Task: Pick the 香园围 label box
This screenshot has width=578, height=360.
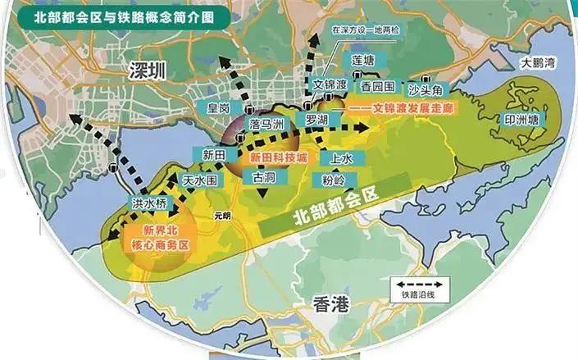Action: [x=379, y=86]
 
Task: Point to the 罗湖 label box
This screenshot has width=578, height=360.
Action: [x=316, y=120]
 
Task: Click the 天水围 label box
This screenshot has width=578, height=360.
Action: [x=199, y=179]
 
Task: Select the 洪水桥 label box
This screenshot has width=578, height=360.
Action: [x=148, y=202]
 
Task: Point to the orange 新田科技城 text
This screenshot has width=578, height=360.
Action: [x=277, y=156]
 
